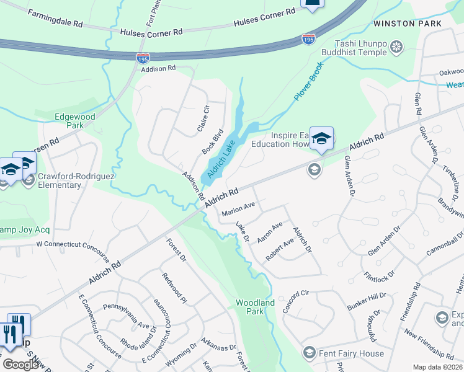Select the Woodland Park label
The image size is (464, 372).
pos(255,307)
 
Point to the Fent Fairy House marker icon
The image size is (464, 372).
pos(309,353)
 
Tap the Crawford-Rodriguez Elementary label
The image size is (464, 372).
pos(60,180)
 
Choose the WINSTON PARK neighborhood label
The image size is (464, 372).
pos(408,24)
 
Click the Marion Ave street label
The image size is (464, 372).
pos(239,208)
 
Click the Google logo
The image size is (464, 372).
pos(20,364)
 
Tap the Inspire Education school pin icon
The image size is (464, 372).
pos(321,139)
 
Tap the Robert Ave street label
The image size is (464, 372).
pos(280,249)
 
